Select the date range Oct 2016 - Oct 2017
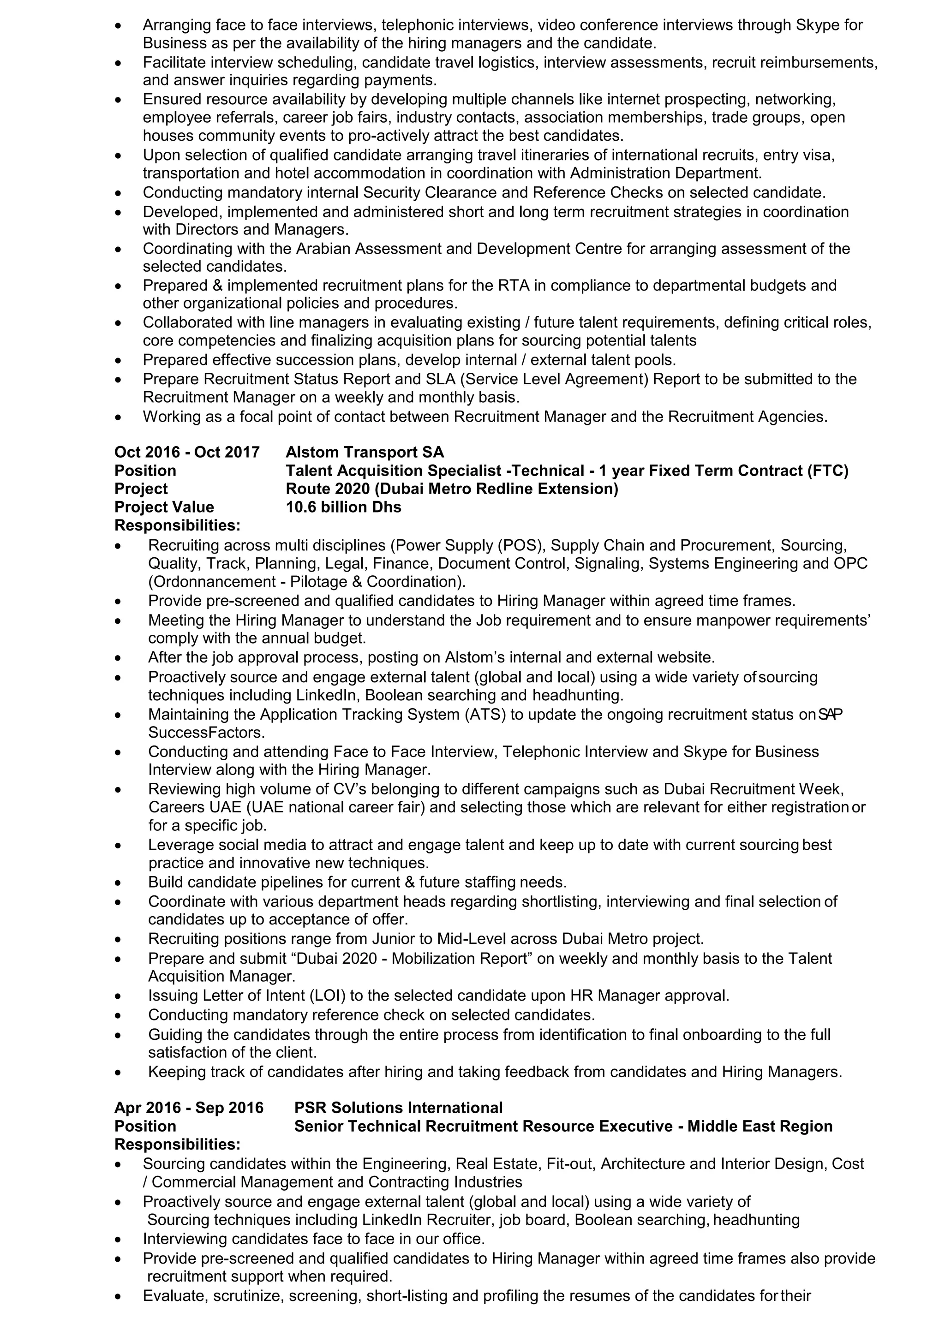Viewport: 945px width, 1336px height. (187, 452)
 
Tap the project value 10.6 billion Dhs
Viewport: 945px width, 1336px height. (343, 507)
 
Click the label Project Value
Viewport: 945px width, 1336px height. (164, 507)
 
